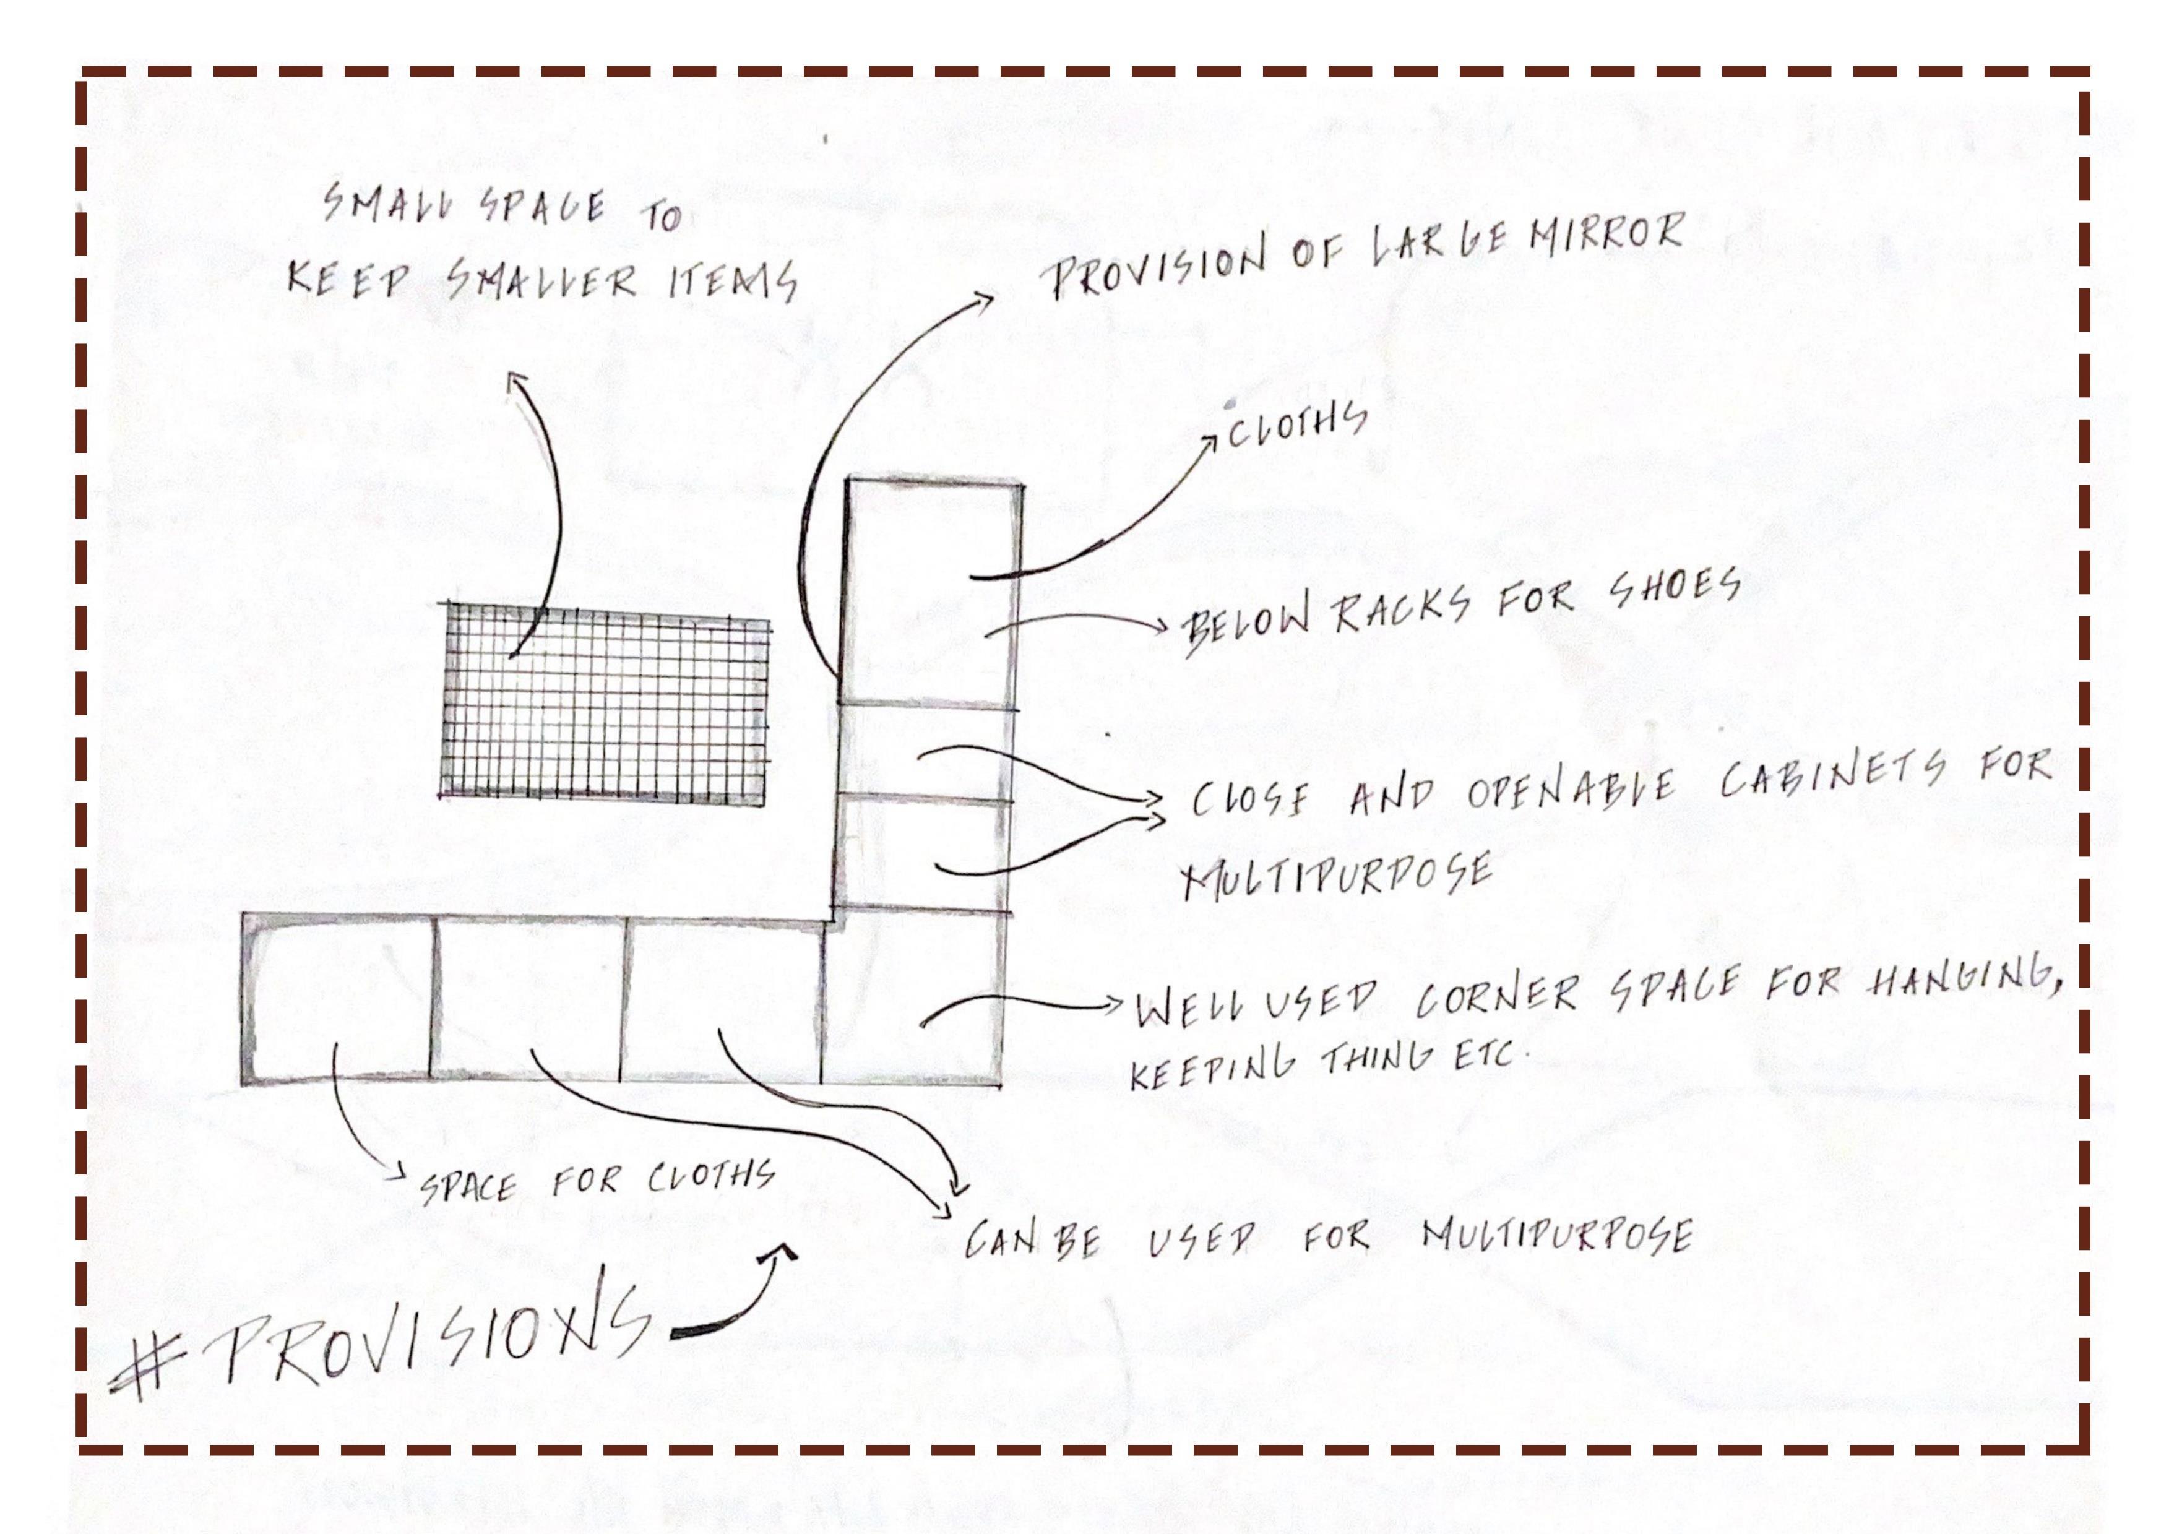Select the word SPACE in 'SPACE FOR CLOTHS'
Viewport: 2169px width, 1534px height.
click(x=468, y=1187)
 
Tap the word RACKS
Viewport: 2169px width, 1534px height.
click(x=1401, y=610)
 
